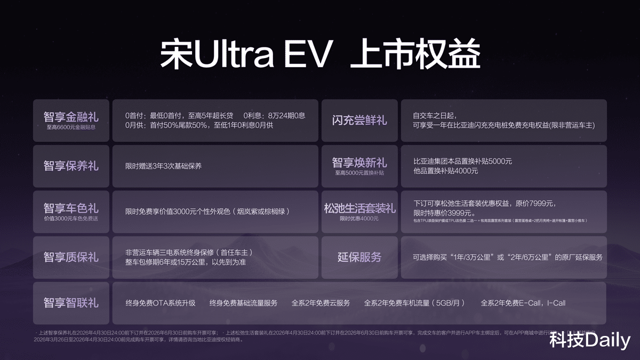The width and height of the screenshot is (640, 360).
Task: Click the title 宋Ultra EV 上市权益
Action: point(320,54)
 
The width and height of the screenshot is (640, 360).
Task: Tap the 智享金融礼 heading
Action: point(71,116)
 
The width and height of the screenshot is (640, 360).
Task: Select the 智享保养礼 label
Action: point(71,166)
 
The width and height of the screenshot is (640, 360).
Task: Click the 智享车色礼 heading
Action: point(71,208)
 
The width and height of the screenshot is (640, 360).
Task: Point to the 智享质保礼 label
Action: point(71,257)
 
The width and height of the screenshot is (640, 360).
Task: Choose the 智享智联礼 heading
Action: point(71,303)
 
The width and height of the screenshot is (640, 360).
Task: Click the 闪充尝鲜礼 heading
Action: point(359,120)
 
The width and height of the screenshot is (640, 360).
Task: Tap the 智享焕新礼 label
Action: point(359,162)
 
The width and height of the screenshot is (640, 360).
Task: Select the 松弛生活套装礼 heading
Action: point(359,208)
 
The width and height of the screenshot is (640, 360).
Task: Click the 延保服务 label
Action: point(359,257)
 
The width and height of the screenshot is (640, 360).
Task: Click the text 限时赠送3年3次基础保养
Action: point(163,166)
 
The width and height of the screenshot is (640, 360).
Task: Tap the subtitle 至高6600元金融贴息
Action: point(71,128)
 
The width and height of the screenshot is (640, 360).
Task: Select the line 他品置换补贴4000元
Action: point(445,171)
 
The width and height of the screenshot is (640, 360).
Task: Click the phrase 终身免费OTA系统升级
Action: point(161,303)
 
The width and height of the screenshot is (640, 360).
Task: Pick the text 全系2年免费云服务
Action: point(321,303)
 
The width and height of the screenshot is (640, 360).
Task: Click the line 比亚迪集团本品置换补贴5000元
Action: point(462,161)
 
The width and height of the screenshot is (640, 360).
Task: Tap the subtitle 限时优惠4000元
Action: point(359,219)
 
